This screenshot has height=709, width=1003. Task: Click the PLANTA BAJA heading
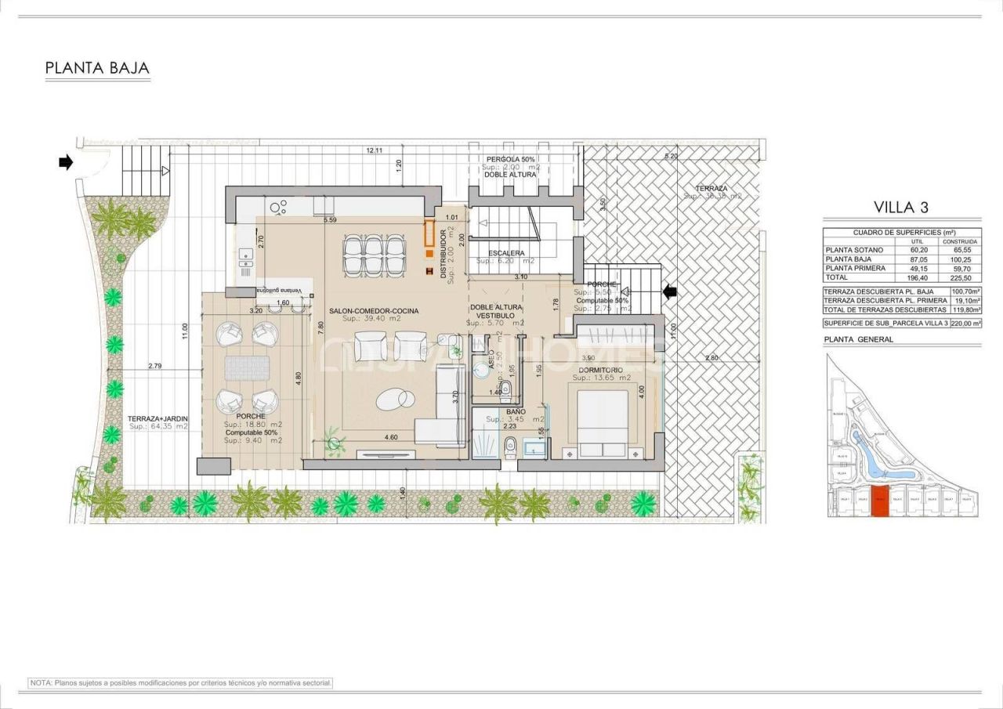click(97, 68)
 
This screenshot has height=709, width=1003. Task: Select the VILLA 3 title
click(901, 208)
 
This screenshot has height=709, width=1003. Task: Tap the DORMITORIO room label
click(601, 370)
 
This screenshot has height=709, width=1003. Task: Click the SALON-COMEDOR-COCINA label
click(374, 311)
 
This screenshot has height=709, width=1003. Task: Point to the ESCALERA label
click(506, 254)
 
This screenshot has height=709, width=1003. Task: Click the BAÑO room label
click(515, 411)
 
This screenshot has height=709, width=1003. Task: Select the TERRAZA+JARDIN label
click(158, 419)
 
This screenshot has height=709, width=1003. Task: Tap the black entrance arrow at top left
click(65, 163)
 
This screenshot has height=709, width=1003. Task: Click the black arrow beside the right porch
click(670, 292)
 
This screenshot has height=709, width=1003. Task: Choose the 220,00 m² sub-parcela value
click(965, 323)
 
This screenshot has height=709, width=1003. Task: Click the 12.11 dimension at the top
click(374, 150)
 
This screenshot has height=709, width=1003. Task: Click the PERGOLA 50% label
click(510, 159)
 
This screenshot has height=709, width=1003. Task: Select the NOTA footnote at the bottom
click(180, 683)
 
